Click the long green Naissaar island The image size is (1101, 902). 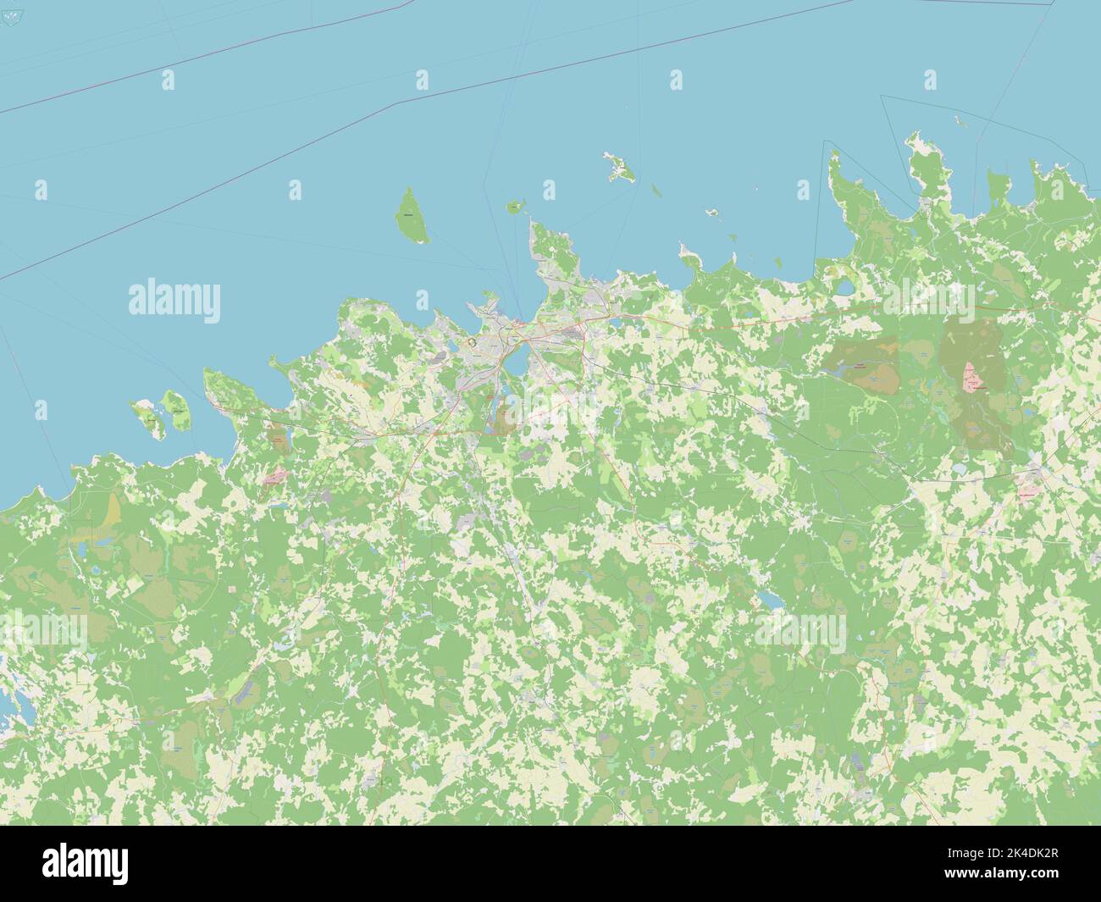click(411, 216)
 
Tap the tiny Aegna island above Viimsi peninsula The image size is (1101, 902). click(514, 206)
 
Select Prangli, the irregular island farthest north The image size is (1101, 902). click(619, 169)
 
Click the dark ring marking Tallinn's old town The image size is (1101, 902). click(471, 344)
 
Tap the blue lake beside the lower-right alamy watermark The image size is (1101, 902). click(770, 600)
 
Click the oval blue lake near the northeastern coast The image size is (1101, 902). click(845, 290)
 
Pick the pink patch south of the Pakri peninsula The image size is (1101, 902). click(275, 478)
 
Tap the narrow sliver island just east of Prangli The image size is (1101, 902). click(655, 190)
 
